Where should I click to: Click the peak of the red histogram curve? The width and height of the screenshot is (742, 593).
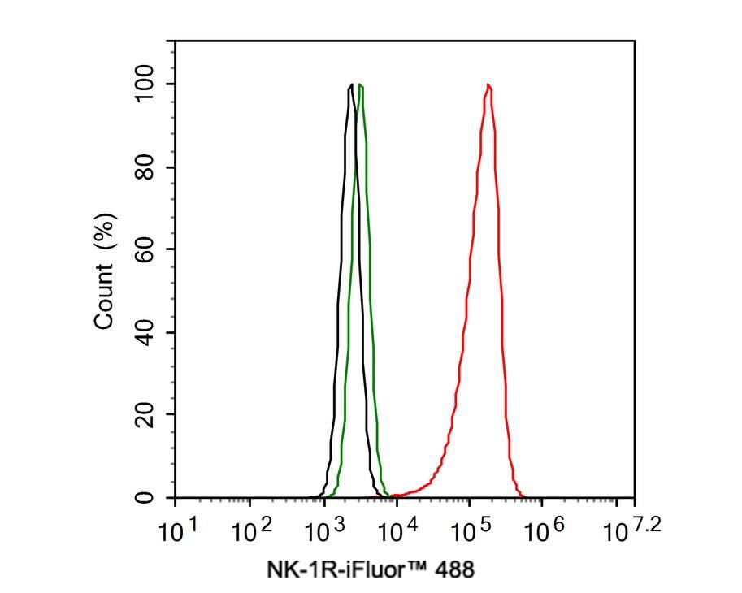point(488,84)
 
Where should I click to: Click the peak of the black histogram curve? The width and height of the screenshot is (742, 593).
point(350,84)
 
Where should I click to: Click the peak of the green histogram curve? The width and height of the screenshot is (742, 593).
point(360,84)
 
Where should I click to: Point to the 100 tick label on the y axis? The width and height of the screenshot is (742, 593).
point(146,84)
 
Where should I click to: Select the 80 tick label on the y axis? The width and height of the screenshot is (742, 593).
point(146,167)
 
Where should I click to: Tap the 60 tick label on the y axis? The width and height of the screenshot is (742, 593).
point(146,249)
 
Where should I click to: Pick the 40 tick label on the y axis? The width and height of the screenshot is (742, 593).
point(146,332)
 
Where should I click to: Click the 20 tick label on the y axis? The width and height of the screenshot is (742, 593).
point(146,414)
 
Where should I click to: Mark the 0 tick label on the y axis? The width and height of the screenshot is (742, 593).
point(146,497)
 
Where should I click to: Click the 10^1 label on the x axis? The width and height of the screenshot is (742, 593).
point(181,532)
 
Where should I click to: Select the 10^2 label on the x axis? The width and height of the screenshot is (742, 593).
point(254,532)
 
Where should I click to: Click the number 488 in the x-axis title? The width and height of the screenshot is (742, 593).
point(453,569)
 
